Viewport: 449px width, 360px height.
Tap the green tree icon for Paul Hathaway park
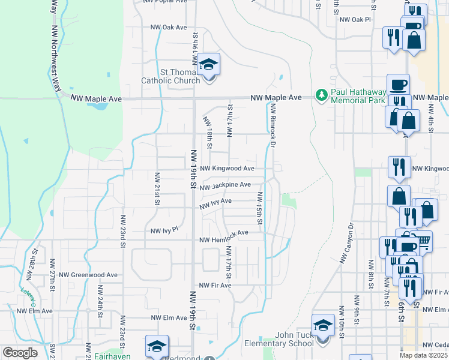coord(322,95)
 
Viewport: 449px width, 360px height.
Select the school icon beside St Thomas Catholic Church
coord(208,65)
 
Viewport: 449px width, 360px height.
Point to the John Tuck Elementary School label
coord(294,339)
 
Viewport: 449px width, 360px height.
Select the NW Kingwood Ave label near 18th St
coord(228,169)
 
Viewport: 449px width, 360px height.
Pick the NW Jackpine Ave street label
coord(225,186)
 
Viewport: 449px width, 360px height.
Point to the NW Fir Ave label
coord(215,285)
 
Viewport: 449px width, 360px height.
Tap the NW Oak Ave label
coord(168,28)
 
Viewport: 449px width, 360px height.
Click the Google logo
coord(20,353)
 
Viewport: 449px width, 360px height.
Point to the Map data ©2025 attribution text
coord(424,355)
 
